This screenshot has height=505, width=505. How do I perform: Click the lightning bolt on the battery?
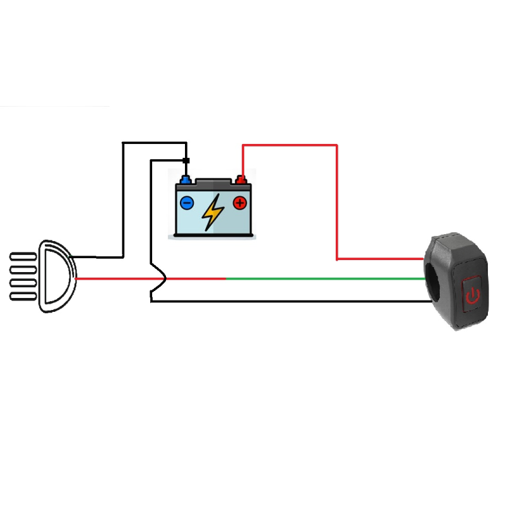[213, 212]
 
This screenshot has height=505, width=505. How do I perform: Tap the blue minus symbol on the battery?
[187, 203]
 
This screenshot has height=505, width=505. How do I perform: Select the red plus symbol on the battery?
[239, 203]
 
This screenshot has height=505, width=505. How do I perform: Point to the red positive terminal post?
[241, 179]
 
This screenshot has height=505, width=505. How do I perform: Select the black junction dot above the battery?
[186, 160]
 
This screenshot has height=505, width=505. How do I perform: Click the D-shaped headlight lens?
[57, 276]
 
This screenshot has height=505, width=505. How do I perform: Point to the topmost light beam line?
[23, 256]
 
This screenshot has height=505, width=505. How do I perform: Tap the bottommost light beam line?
[23, 297]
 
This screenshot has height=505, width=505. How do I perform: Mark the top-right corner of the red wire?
[336, 146]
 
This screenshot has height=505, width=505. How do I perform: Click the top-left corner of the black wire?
[123, 143]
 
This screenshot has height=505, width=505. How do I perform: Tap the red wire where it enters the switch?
[417, 259]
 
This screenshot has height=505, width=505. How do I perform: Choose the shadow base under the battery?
[213, 237]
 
